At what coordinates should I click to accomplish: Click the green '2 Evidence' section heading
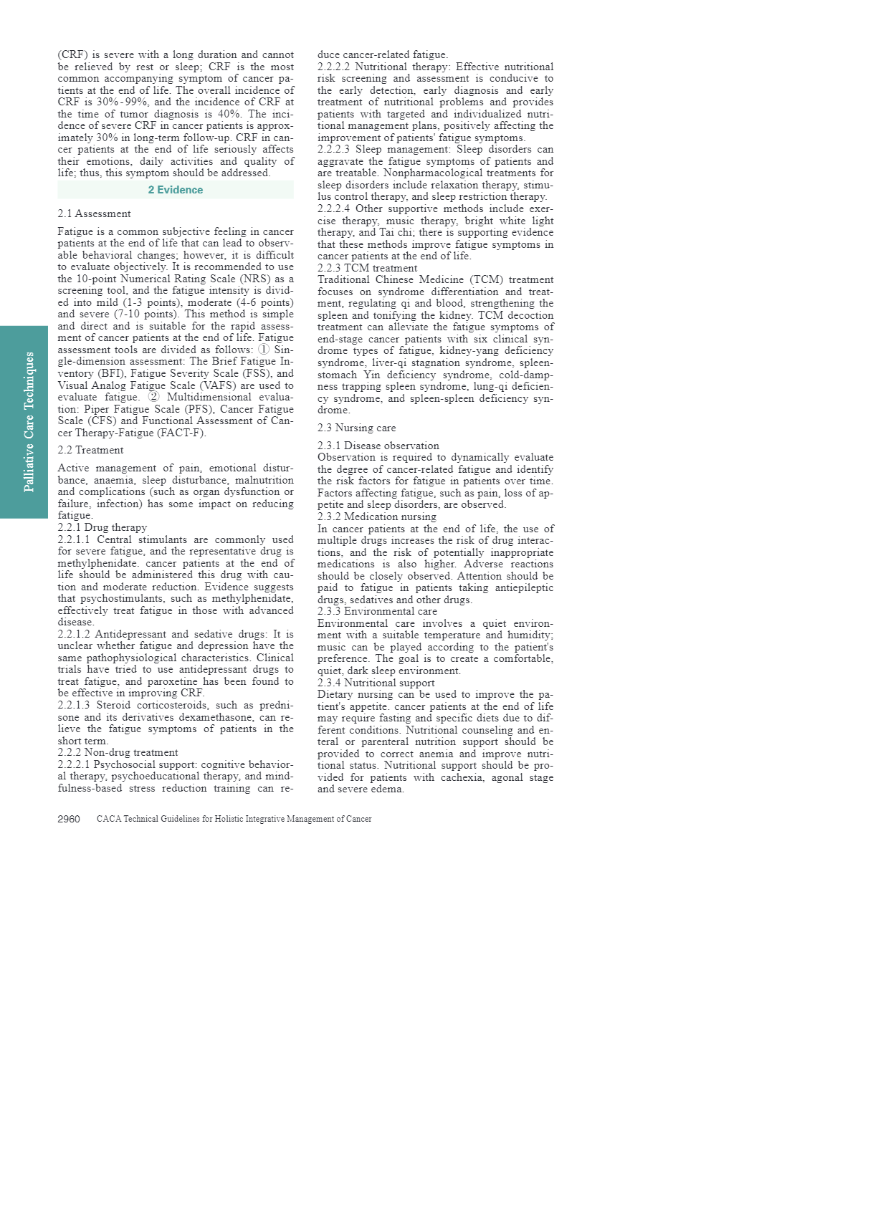[x=176, y=190]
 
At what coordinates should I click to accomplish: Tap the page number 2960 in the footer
[x=69, y=819]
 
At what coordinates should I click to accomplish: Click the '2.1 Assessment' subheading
[x=94, y=213]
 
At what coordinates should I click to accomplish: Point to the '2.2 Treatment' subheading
[x=90, y=450]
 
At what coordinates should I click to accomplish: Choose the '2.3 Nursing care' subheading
[x=356, y=428]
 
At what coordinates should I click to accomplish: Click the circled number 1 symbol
[x=264, y=350]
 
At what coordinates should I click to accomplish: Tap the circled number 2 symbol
[x=153, y=397]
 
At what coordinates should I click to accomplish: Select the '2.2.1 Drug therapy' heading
[x=102, y=527]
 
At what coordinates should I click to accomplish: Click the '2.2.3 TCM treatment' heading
[x=367, y=268]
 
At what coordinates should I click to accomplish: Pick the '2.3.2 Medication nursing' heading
[x=376, y=517]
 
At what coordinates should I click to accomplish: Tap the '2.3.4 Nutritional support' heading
[x=376, y=683]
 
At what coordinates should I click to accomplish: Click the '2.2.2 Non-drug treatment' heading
[x=118, y=752]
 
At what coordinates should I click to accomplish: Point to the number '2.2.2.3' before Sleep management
[x=333, y=149]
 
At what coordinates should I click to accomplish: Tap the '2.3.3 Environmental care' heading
[x=377, y=611]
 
